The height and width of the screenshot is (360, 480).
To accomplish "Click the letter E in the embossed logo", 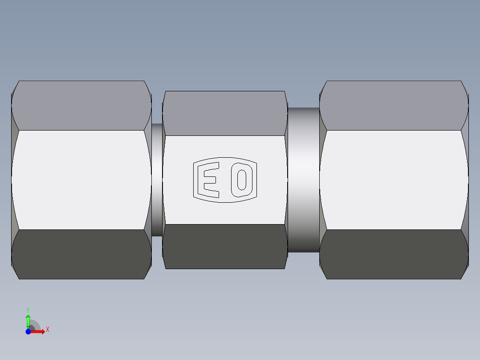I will [211, 180].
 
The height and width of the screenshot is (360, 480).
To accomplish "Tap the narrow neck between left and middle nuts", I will [157, 180].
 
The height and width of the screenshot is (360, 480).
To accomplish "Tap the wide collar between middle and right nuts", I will [303, 180].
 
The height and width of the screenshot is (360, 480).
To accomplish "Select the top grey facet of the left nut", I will [81, 106].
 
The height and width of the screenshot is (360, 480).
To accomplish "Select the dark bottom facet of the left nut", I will [81, 254].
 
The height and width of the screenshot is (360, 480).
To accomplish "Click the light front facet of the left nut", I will [81, 180].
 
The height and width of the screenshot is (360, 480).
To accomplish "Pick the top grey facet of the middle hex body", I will [224, 113].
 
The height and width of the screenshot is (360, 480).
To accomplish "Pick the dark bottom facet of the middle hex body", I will [224, 246].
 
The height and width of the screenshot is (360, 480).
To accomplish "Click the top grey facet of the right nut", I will [394, 106].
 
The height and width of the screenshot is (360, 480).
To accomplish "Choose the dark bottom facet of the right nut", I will [394, 254].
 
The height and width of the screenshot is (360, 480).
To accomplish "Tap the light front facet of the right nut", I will [394, 180].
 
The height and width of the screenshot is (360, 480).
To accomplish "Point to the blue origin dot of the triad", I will [28, 331].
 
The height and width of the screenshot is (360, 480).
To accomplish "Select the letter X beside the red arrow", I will [47, 330].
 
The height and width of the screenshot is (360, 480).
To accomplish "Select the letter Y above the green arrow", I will [28, 309].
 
